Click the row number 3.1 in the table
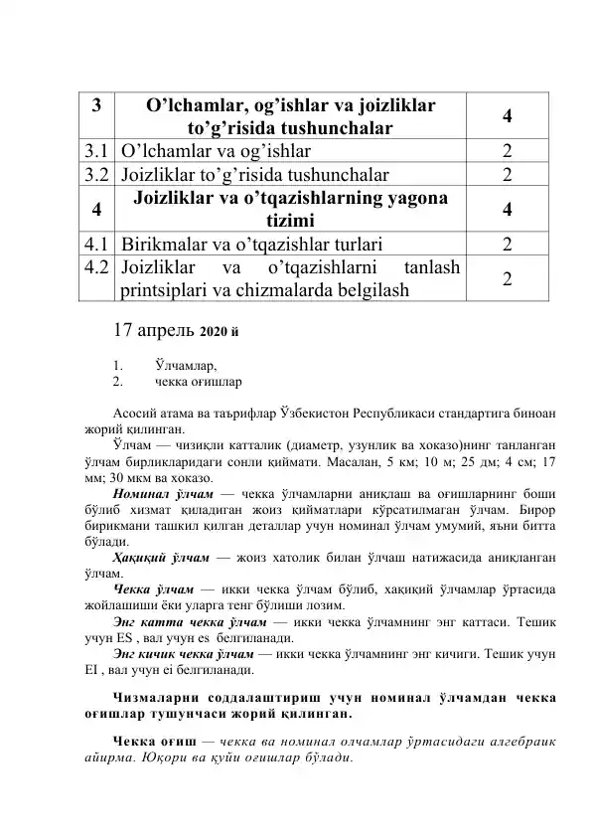(95, 152)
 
